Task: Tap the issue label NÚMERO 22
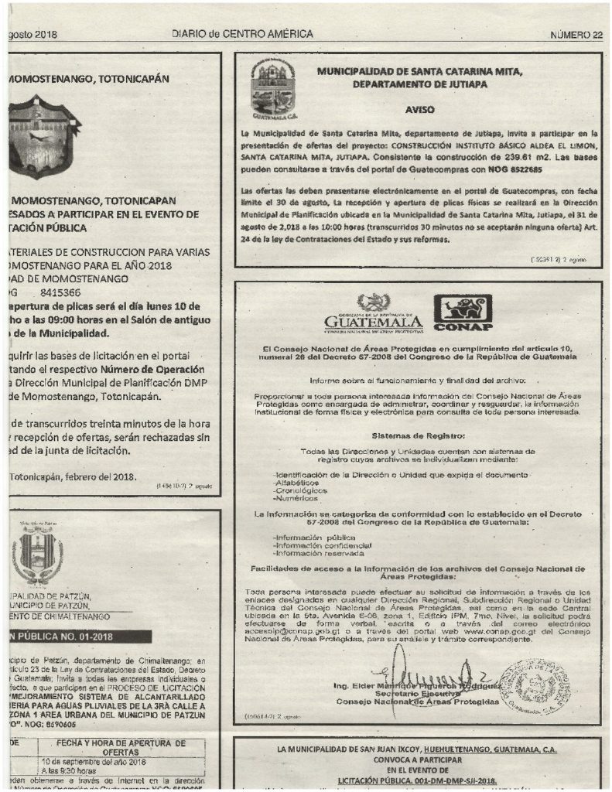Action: (x=576, y=36)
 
